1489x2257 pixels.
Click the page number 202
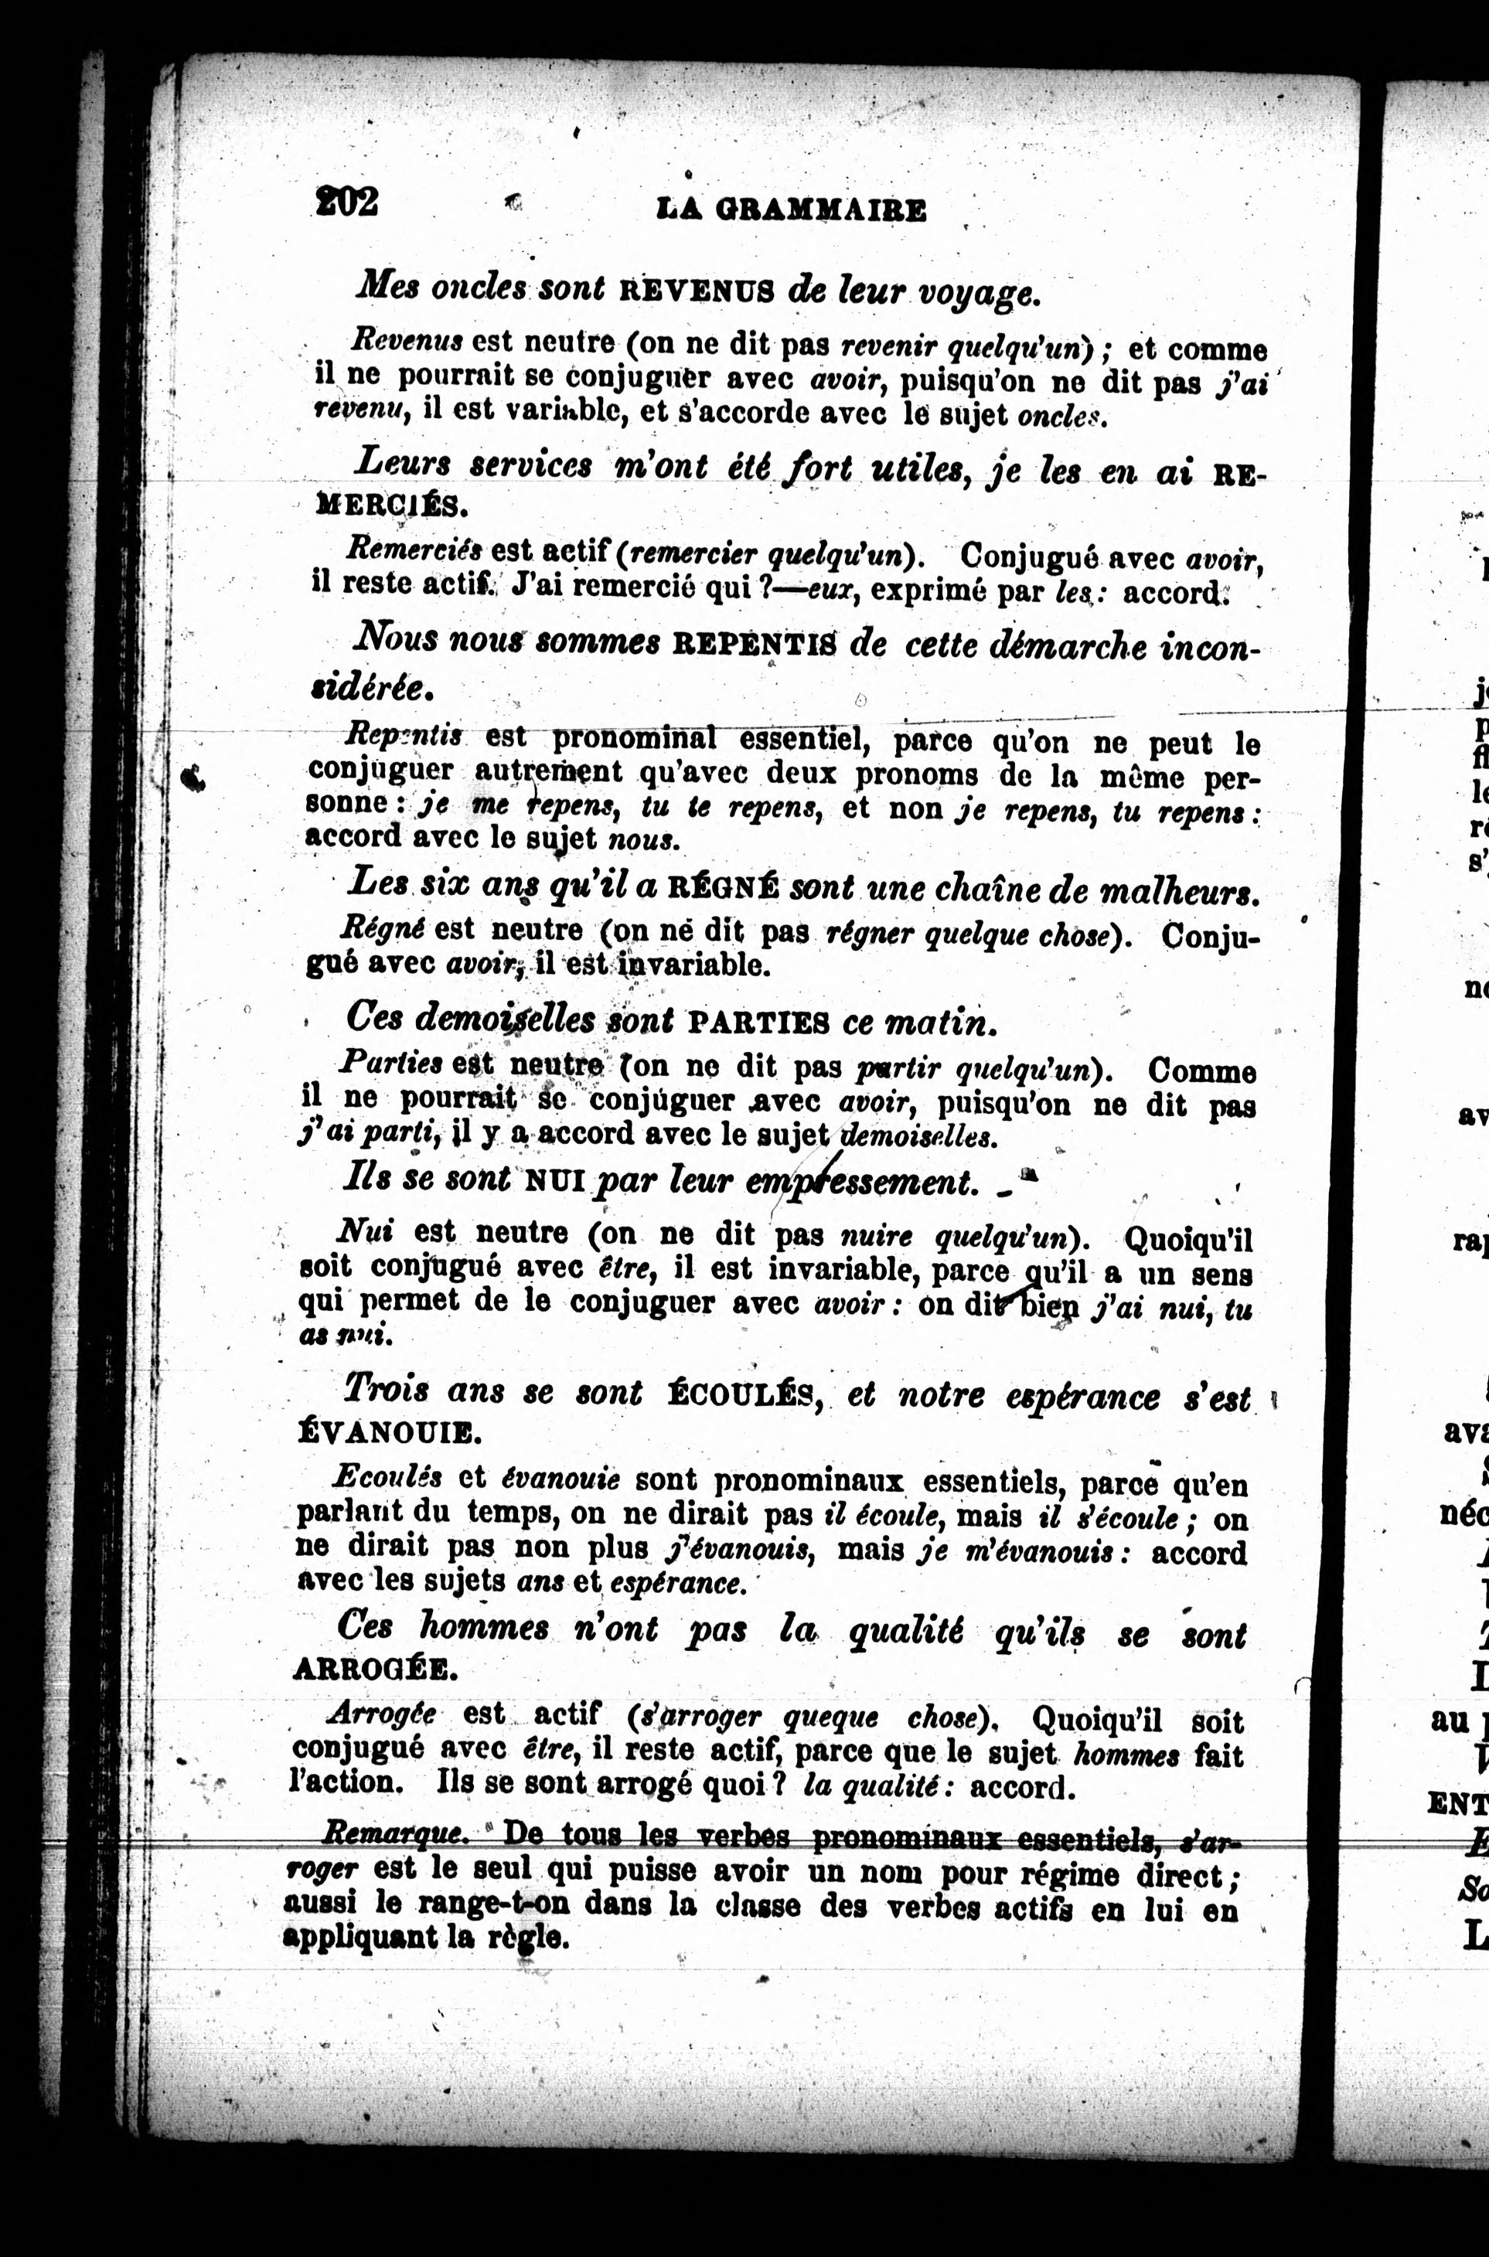tap(348, 201)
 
